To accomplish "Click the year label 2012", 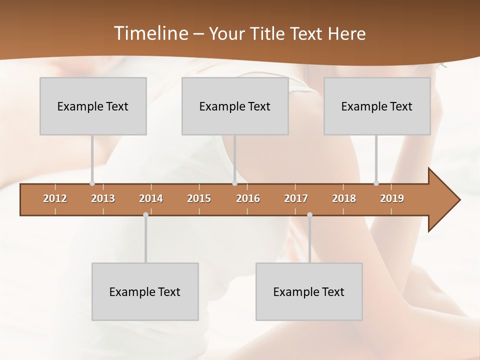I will pos(55,198).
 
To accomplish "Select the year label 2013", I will pos(103,198).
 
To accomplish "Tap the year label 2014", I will pos(151,198).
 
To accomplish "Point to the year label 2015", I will pos(199,198).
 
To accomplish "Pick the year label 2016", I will pos(248,198).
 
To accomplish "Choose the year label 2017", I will pos(296,198).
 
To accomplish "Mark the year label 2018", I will pos(344,198).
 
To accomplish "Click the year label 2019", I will pos(392,198).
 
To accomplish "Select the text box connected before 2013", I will pos(93,106).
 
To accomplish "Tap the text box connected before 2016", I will pos(235,106).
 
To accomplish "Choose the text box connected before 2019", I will pos(377,106).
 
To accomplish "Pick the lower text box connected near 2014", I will pos(145,291).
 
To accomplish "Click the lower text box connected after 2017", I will pos(309,291).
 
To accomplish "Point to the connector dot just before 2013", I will pos(92,183).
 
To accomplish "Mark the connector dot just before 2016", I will pos(234,183).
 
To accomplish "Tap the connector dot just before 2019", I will pos(376,183).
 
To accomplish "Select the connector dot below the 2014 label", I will pos(145,215).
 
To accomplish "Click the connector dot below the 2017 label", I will pos(309,215).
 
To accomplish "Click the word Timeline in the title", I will pos(150,33).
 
